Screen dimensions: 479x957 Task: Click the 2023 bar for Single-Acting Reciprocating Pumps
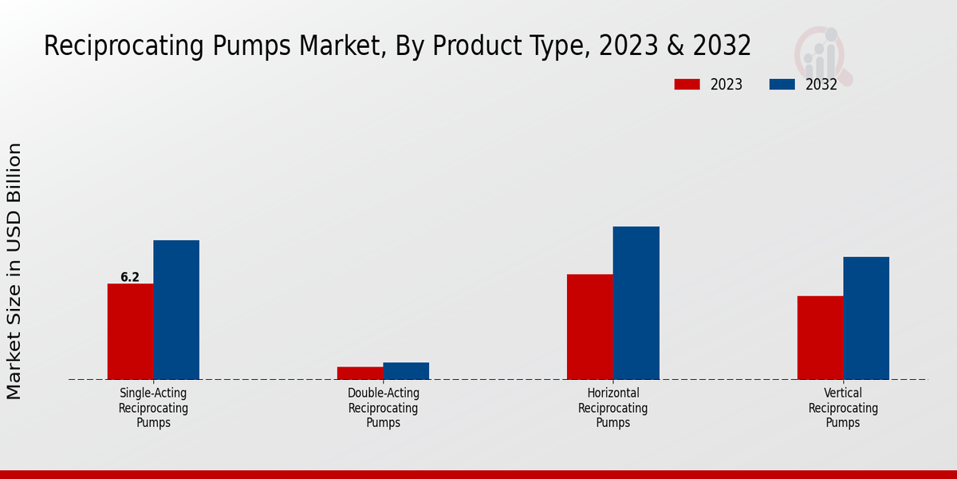[130, 331]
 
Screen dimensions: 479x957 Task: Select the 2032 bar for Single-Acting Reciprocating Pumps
[176, 310]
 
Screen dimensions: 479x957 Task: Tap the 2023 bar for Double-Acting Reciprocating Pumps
[360, 373]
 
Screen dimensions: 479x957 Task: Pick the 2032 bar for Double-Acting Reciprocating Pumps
[406, 371]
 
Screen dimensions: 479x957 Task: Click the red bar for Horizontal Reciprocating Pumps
[590, 327]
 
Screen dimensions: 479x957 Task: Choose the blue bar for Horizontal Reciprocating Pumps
[636, 303]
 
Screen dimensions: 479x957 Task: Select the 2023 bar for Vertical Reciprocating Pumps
[820, 338]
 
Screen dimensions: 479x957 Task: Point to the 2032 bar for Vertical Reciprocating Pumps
[866, 318]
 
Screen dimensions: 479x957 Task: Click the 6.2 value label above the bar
[130, 278]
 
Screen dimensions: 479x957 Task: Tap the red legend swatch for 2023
[687, 84]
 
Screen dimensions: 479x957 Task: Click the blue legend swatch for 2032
[782, 84]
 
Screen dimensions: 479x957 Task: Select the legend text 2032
[821, 85]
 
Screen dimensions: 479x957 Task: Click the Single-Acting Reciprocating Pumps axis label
[153, 408]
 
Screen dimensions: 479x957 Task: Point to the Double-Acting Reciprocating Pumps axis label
[384, 408]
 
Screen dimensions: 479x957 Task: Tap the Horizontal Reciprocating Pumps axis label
[613, 408]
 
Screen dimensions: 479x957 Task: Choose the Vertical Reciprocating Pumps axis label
[843, 408]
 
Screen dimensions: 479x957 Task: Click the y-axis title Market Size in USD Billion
[14, 271]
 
